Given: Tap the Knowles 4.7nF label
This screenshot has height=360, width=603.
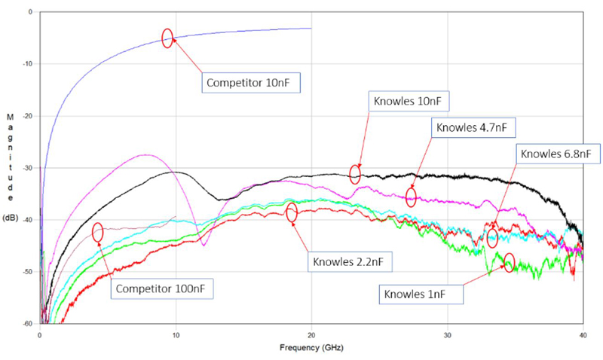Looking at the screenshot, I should point(473,127).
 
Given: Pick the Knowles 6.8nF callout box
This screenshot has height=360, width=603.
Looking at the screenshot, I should point(559,154).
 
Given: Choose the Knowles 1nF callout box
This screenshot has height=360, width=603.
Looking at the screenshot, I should point(418,293).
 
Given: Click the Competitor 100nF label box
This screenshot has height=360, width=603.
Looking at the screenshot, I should point(161,288).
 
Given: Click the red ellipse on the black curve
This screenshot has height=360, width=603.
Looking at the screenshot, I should point(356,174).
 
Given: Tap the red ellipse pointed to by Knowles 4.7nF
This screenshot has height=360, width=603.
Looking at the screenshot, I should point(411,197).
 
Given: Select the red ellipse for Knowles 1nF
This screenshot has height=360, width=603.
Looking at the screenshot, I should point(509,262).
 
